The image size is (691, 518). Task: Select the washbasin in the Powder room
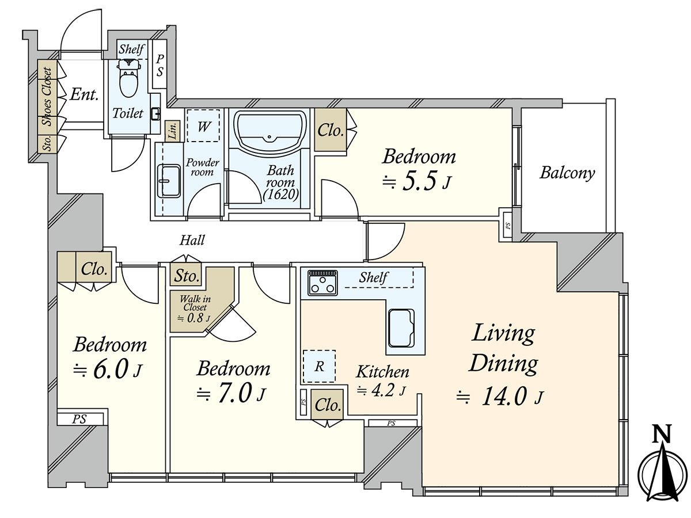(x=169, y=181)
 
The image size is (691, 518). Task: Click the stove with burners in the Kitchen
(x=322, y=283)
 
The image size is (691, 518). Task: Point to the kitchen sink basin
(x=401, y=327)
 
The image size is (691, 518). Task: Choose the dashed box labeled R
(x=319, y=366)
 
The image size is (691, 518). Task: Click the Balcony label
(x=567, y=173)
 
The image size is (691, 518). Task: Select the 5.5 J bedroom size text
(x=417, y=182)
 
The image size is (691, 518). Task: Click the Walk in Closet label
(x=195, y=303)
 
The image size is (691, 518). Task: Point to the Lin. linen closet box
(x=173, y=131)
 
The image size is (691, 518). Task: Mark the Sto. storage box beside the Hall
(x=186, y=276)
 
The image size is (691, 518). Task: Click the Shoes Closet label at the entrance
(x=47, y=97)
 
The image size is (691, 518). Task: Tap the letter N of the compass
(x=661, y=434)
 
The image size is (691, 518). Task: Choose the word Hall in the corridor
(x=192, y=240)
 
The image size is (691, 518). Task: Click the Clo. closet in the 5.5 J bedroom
(x=330, y=129)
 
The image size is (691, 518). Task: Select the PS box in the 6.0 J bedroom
(x=80, y=419)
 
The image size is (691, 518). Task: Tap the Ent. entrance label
(x=85, y=94)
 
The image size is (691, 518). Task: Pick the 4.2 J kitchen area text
(x=381, y=391)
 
